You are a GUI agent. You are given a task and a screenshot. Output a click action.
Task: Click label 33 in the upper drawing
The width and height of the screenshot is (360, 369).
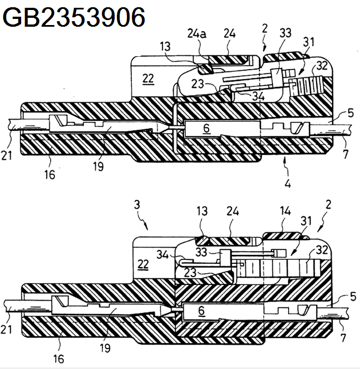coord(285,33)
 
